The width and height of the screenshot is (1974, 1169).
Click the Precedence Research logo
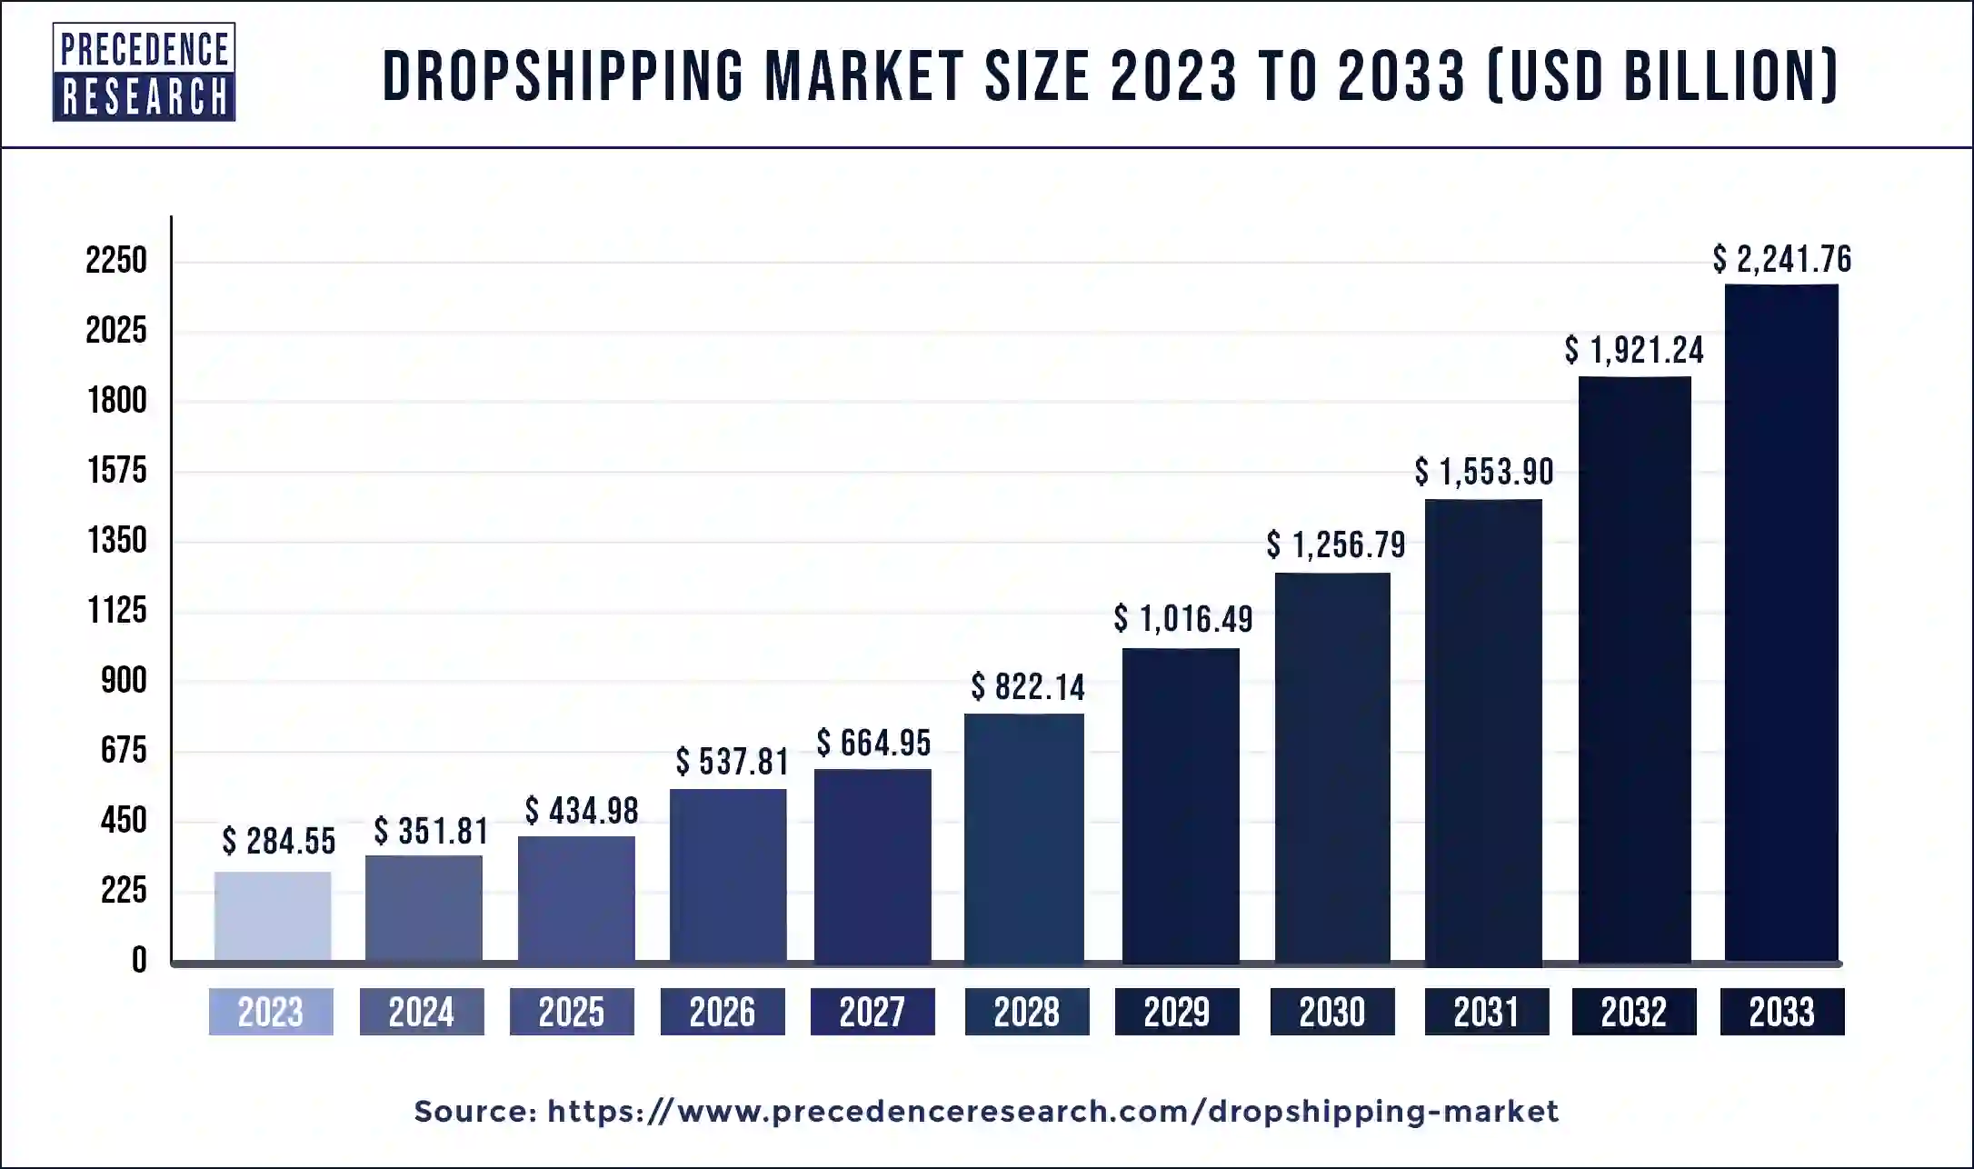coord(144,73)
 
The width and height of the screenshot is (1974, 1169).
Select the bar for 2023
coord(273,915)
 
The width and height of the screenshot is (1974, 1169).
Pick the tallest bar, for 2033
coord(1781,623)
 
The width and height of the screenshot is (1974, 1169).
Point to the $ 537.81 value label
coord(732,762)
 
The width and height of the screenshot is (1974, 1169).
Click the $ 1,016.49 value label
coord(1183,619)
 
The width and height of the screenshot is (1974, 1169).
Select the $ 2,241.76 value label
coord(1781,259)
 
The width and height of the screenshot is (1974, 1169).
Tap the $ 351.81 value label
coord(431,831)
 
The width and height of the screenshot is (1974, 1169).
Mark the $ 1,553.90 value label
coord(1483,472)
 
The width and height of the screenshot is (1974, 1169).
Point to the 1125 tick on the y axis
coord(116,610)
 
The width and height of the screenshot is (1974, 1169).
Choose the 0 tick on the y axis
coord(138,960)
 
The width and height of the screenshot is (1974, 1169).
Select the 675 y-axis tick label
coord(124,750)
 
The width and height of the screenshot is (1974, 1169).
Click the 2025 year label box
coord(572,1012)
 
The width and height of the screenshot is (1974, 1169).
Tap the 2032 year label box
coord(1633,1012)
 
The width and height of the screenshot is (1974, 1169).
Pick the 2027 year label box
coord(872,1012)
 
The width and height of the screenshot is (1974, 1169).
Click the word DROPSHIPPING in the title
coord(563,75)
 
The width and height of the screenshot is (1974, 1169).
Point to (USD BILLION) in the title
coord(1663,75)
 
